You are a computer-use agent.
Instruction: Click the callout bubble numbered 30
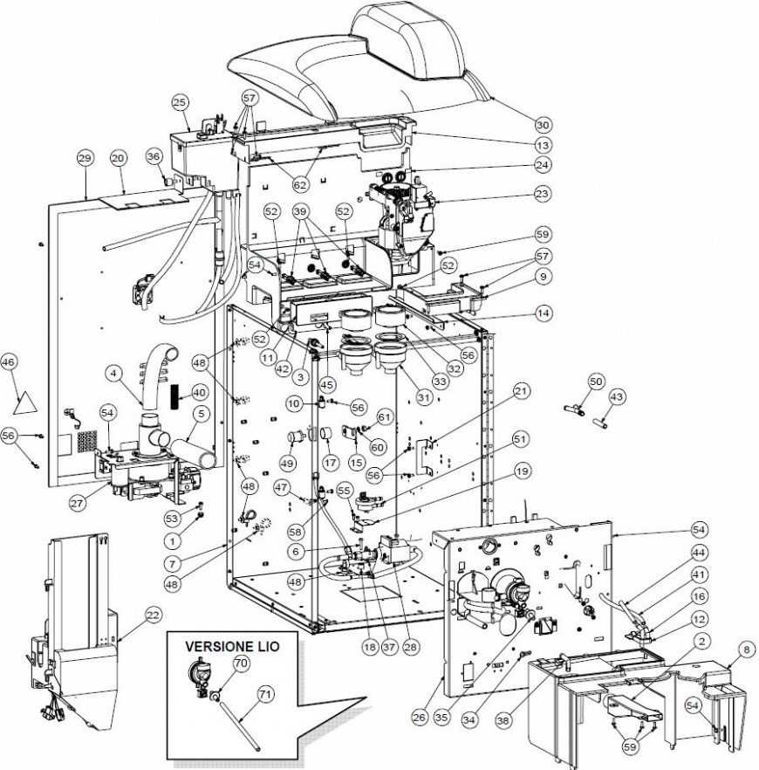543,123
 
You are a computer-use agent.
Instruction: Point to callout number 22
153,616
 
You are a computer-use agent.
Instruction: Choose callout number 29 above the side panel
85,158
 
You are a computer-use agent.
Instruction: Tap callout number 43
617,397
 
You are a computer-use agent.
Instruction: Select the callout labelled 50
596,382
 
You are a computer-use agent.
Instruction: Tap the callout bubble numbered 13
543,145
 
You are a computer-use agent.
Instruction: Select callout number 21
521,393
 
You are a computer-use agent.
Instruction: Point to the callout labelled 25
181,103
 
